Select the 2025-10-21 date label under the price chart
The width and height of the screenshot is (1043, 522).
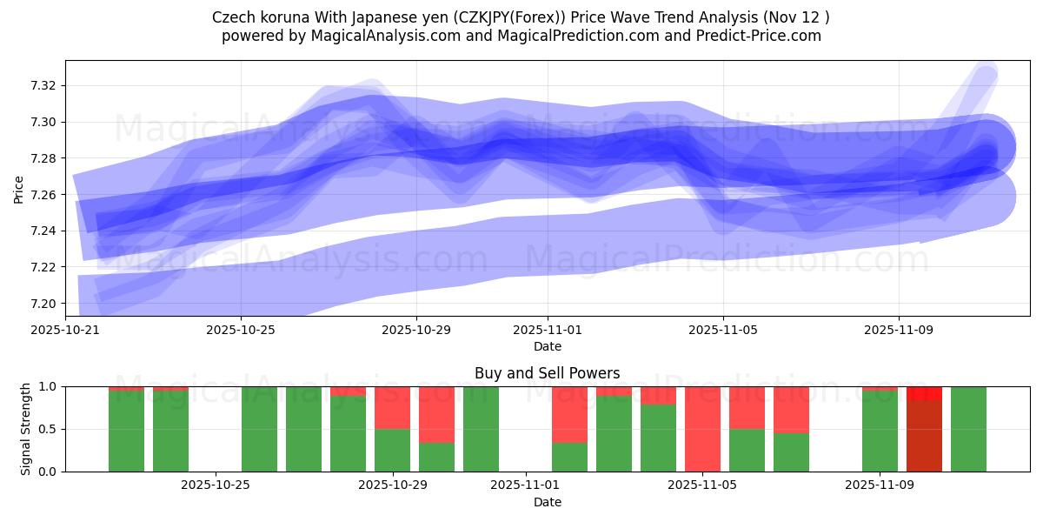(x=65, y=331)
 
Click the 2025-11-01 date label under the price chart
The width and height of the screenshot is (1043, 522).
(x=548, y=331)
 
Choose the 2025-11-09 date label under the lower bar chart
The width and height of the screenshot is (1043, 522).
(x=880, y=485)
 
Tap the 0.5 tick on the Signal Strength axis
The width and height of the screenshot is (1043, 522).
(x=48, y=429)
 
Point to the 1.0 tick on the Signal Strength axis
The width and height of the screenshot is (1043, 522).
(x=48, y=386)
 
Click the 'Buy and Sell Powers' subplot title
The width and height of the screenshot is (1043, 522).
(x=547, y=373)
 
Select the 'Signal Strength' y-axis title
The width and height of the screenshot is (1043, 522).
(x=26, y=429)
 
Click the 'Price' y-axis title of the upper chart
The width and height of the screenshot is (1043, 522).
(x=19, y=188)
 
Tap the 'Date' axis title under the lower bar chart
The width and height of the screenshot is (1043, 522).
(x=547, y=502)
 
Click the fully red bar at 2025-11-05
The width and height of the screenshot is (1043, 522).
(x=702, y=429)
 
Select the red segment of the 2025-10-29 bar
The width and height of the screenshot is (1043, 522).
(x=392, y=407)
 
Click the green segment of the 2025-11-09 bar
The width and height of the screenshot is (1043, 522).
(x=880, y=431)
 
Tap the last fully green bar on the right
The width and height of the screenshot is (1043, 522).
(x=968, y=429)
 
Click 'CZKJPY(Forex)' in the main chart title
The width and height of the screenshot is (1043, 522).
(x=442, y=17)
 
